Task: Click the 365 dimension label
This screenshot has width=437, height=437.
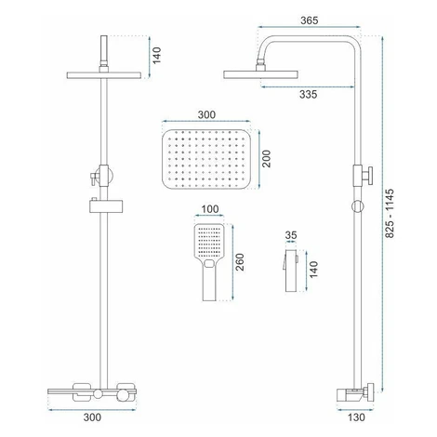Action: (x=310, y=20)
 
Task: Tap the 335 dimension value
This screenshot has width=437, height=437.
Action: (x=309, y=95)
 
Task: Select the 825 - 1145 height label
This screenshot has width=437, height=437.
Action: (x=390, y=214)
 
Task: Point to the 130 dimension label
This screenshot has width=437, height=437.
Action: (x=356, y=417)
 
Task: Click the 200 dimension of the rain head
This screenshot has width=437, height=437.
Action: (x=266, y=159)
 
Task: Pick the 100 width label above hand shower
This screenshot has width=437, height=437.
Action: (x=210, y=209)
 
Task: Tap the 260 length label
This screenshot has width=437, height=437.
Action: (x=240, y=262)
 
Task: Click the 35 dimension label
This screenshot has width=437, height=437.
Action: (x=291, y=235)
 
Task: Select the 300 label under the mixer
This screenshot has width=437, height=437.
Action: (x=92, y=417)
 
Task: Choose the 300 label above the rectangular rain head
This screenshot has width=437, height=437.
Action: (x=206, y=114)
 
